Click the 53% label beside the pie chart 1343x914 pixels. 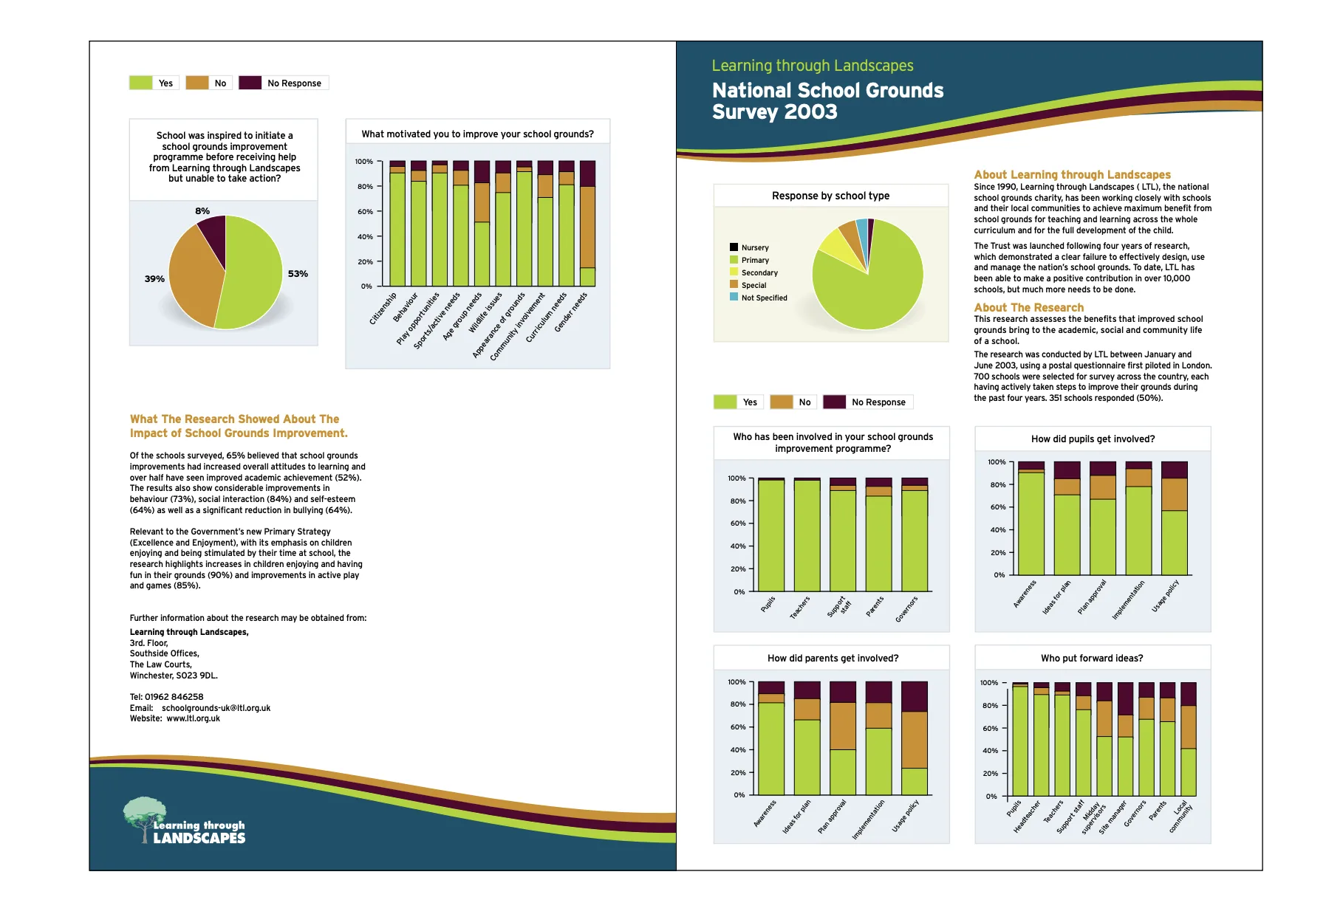click(x=298, y=274)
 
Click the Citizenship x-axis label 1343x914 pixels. click(x=383, y=309)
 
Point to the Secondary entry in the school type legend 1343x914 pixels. click(x=759, y=272)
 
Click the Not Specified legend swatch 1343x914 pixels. click(x=734, y=297)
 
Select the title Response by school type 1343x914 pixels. click(x=830, y=196)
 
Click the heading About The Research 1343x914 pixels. click(x=1028, y=307)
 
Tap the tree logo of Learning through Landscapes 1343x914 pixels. click(x=143, y=816)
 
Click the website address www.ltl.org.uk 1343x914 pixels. click(x=193, y=718)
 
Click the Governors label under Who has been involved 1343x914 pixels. click(x=906, y=610)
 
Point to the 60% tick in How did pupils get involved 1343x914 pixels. click(x=997, y=507)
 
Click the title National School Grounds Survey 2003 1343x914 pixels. click(x=827, y=101)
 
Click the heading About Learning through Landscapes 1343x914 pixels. click(x=1071, y=174)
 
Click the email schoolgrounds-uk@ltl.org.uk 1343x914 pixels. click(x=216, y=708)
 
